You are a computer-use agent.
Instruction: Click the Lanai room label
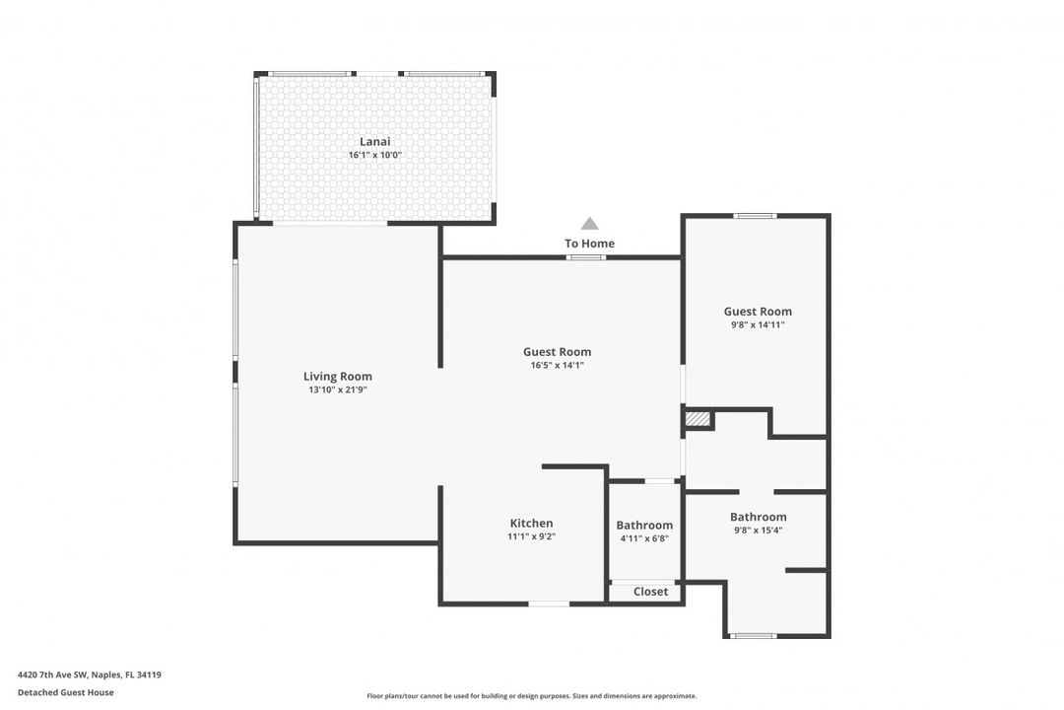coord(374,142)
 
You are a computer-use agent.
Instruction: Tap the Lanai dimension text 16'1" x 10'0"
coord(374,156)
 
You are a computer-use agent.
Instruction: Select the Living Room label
coord(337,376)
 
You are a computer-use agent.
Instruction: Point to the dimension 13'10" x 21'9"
coord(337,390)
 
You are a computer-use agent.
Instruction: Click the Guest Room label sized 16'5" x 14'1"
coord(557,351)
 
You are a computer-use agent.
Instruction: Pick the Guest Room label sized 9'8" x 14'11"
coord(758,312)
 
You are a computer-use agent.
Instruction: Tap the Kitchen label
coord(531,523)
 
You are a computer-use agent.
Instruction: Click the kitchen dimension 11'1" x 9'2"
coord(531,536)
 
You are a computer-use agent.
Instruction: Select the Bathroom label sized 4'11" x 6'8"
coord(644,525)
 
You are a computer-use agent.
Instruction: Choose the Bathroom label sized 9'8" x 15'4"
coord(758,517)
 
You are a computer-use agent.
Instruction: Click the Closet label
coord(650,592)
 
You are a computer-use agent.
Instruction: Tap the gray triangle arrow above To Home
coord(589,224)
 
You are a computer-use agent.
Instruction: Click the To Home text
coord(589,244)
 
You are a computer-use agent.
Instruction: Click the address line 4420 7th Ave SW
coord(90,675)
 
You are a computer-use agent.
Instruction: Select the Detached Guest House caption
coord(66,692)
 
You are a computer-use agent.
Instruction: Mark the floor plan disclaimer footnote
coord(531,696)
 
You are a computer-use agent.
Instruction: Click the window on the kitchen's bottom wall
coord(549,603)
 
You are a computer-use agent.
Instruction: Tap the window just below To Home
coord(585,257)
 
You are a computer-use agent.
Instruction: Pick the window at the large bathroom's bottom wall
coord(754,636)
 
